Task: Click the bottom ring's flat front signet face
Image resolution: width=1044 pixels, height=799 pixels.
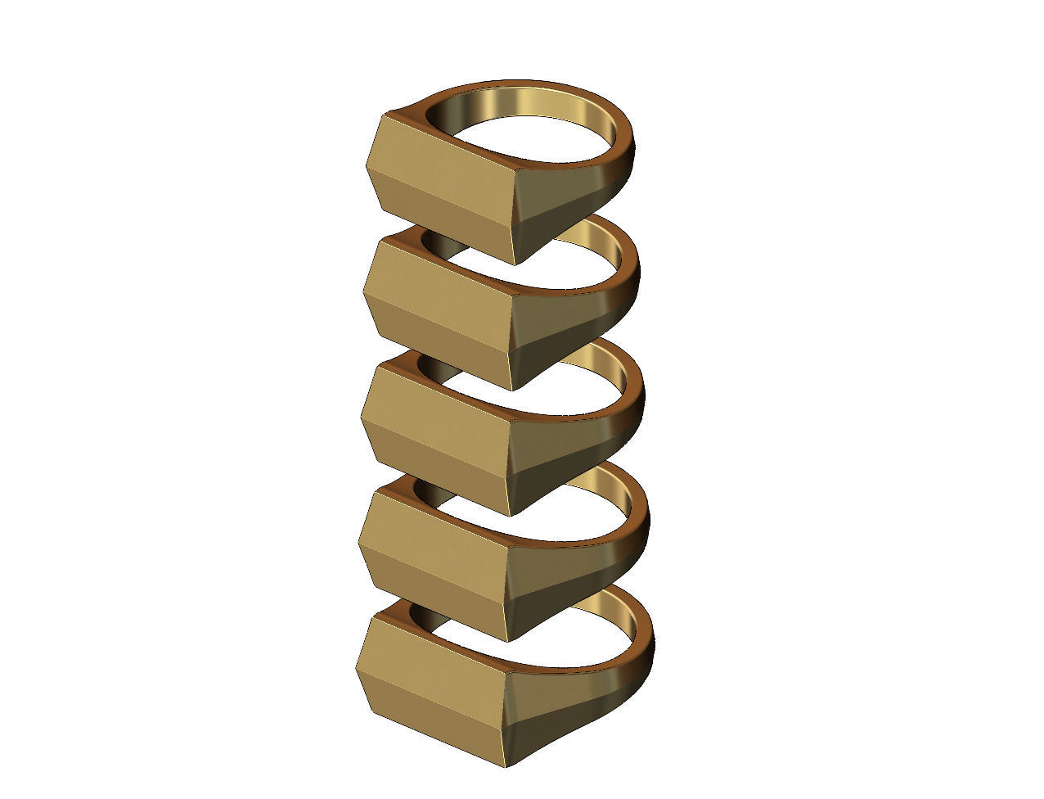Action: tap(434, 655)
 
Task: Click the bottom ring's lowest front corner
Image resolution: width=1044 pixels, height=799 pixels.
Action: tap(503, 766)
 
